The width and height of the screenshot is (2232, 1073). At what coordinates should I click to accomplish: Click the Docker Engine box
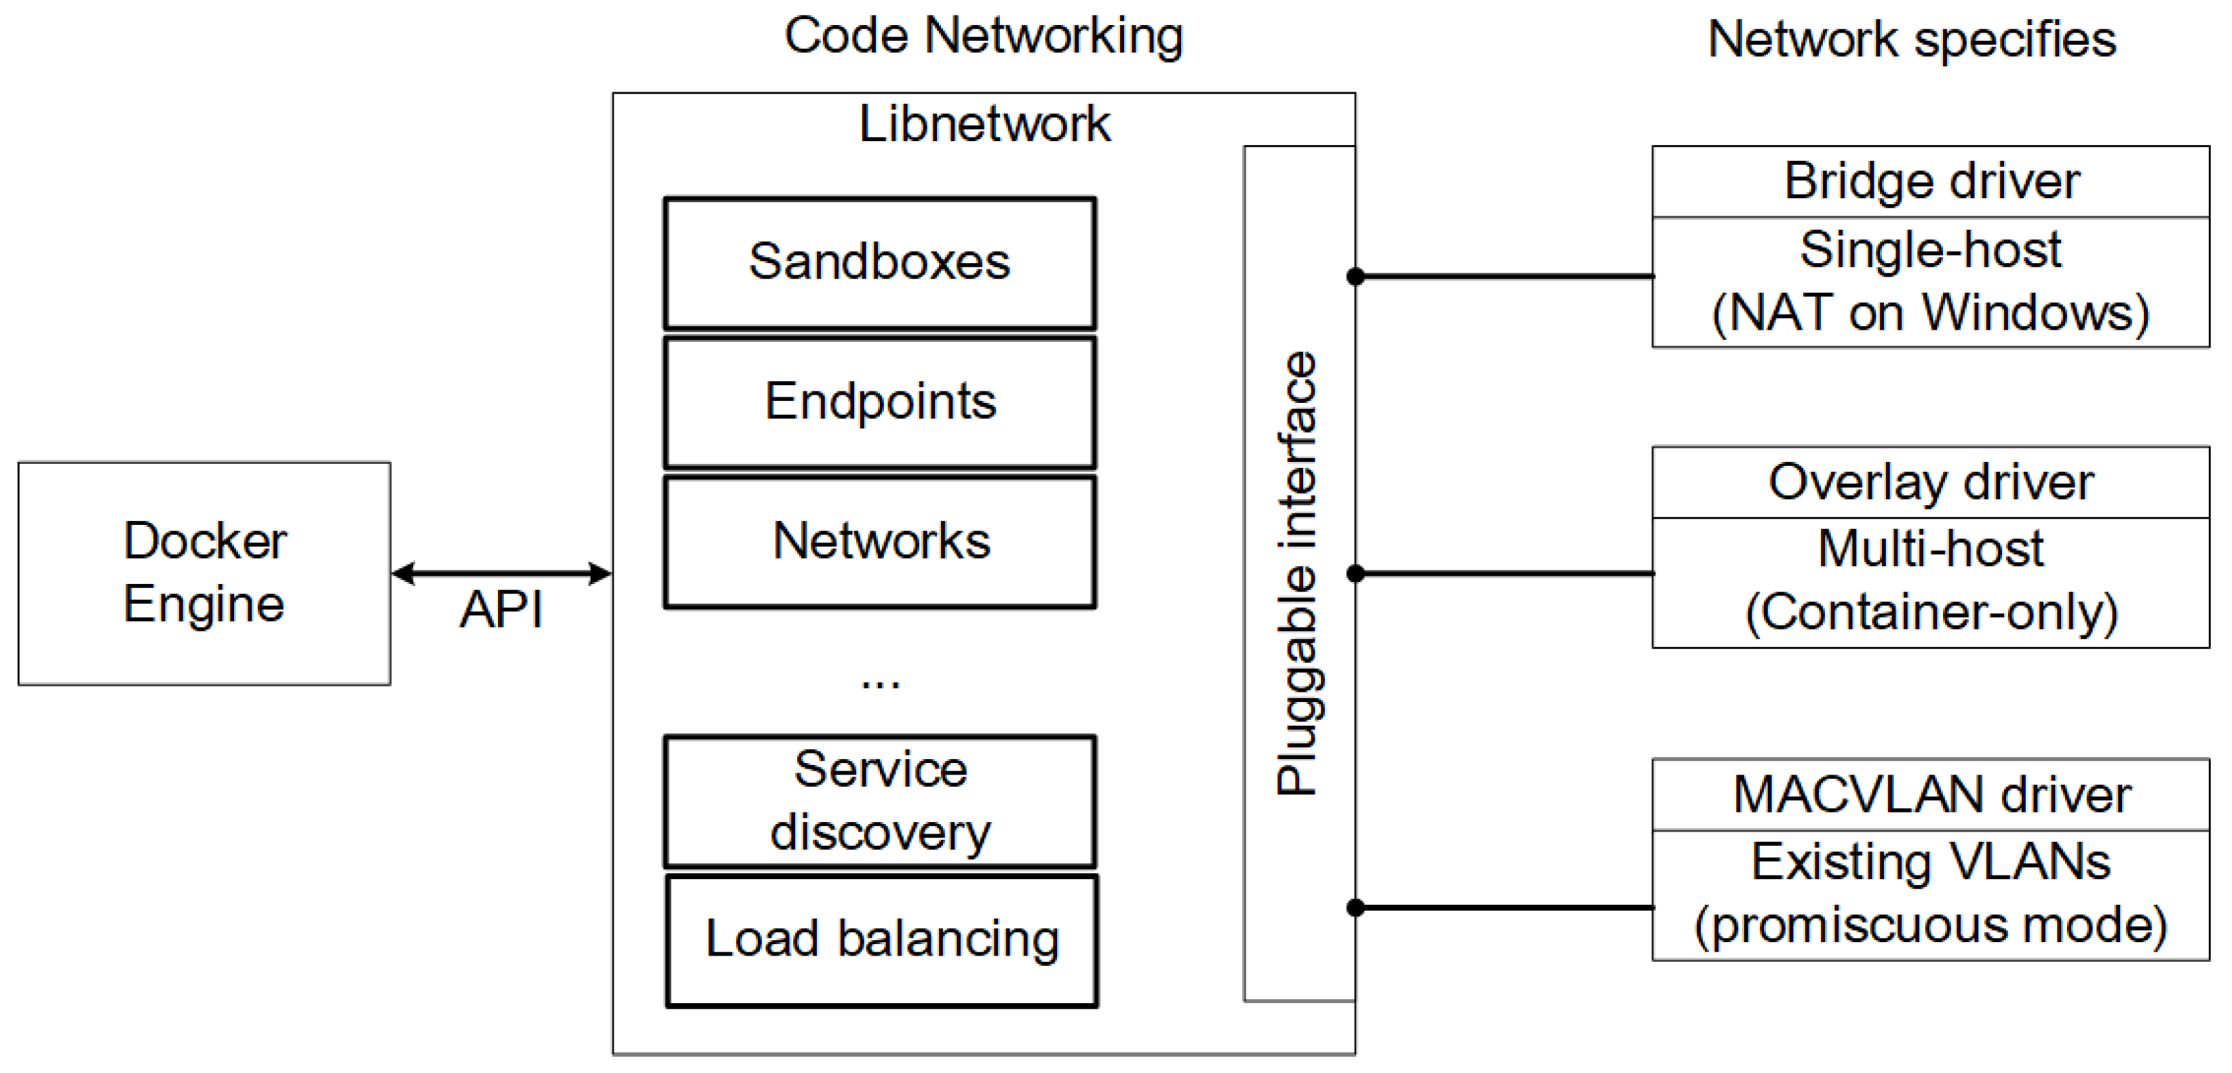[204, 572]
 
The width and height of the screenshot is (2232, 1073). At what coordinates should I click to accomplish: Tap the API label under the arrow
[501, 609]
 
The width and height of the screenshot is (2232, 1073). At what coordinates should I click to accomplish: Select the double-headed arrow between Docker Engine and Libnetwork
[501, 572]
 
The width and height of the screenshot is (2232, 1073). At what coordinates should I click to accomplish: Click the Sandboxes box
[879, 262]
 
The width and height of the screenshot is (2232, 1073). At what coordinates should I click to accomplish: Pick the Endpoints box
[879, 402]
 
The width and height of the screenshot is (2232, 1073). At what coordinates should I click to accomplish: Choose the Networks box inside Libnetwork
[879, 541]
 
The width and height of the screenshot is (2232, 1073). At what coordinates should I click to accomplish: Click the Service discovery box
[879, 801]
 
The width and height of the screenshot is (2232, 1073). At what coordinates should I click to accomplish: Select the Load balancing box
[881, 939]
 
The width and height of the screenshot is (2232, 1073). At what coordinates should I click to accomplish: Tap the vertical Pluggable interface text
[1297, 572]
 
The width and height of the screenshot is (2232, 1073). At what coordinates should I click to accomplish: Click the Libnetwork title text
[984, 124]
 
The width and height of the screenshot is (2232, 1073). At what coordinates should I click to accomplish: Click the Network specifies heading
[1911, 40]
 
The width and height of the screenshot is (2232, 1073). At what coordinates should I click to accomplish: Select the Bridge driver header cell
[1931, 182]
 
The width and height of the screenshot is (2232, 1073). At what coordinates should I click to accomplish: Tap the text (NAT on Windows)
[1931, 313]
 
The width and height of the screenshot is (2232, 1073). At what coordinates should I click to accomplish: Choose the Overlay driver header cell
[1931, 482]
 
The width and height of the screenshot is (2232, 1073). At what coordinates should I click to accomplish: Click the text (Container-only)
[1931, 612]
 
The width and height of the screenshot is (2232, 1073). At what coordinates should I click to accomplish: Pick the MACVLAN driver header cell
[1931, 794]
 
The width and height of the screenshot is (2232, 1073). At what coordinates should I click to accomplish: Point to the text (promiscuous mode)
[1931, 925]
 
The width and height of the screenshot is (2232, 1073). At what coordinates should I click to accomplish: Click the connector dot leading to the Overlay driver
[1356, 573]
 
